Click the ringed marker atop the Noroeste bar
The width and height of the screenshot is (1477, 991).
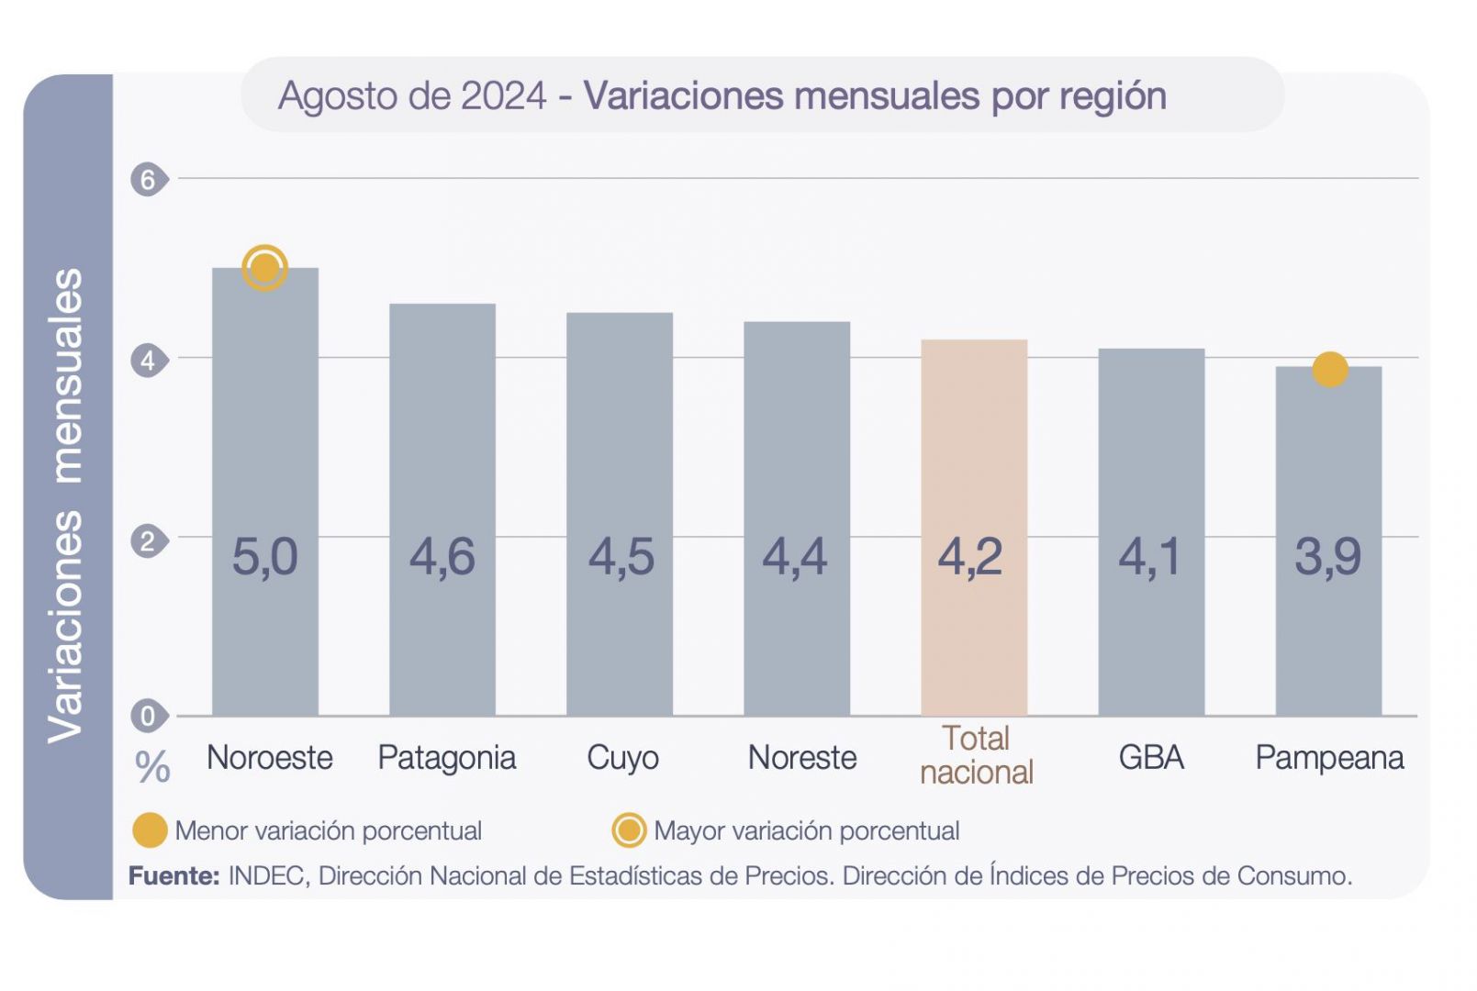pos(264,268)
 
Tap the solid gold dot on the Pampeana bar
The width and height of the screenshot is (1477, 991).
pos(1329,370)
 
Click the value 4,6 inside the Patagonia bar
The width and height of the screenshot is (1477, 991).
pos(442,557)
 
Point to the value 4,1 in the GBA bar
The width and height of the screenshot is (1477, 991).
pos(1149,557)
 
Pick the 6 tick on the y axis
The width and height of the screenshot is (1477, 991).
pos(148,179)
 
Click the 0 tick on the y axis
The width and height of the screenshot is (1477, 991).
pos(148,716)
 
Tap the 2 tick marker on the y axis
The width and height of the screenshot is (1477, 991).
pos(148,541)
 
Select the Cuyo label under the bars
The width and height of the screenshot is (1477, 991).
pos(622,758)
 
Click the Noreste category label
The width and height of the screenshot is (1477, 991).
pos(801,758)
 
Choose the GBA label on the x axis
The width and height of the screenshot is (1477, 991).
pos(1150,758)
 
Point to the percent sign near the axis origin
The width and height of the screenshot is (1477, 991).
pos(152,767)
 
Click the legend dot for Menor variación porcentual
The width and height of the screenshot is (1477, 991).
pos(150,830)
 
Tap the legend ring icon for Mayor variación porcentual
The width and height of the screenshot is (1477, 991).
pos(629,830)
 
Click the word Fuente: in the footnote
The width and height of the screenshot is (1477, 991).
pos(173,876)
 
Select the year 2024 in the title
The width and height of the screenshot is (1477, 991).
pos(503,95)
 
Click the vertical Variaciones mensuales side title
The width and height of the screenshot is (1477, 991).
pos(66,505)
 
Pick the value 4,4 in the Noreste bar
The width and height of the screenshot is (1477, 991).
pos(795,557)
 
